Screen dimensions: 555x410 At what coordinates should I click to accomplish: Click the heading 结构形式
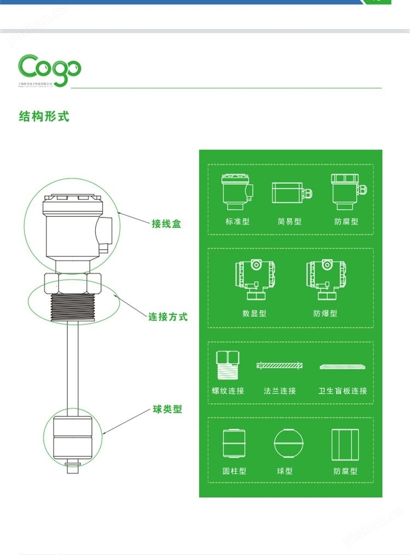click(44, 116)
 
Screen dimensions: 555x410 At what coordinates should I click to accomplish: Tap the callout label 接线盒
click(166, 223)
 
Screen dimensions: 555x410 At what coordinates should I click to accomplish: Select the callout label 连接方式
click(168, 316)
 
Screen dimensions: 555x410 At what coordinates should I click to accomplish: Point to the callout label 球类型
click(167, 409)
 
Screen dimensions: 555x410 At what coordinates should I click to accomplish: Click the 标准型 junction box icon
click(236, 192)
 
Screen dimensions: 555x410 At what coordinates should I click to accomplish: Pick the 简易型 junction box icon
click(290, 193)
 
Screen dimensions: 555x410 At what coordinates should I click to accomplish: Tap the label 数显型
click(254, 314)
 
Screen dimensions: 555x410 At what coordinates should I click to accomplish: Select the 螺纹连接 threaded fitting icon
click(228, 365)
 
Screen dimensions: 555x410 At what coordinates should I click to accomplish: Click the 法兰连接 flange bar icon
click(280, 365)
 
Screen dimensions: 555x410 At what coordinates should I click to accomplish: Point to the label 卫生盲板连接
click(343, 391)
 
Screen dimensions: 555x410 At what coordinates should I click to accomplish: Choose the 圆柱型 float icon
click(235, 444)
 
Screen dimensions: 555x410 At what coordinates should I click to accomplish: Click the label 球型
click(285, 471)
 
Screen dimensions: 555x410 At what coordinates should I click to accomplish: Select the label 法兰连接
click(280, 391)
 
